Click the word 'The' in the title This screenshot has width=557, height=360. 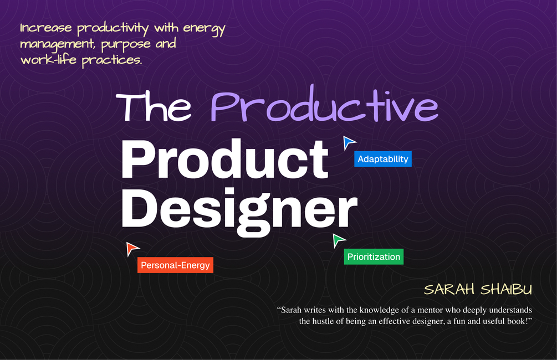tap(154, 106)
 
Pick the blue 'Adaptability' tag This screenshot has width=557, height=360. tap(383, 159)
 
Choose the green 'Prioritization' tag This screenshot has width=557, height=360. tap(374, 257)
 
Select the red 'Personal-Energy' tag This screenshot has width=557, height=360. tap(175, 265)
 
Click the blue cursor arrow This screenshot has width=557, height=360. tap(349, 142)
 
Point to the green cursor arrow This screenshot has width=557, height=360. tap(338, 240)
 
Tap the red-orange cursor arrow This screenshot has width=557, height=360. tap(132, 249)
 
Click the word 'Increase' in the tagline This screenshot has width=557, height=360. tap(47, 28)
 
